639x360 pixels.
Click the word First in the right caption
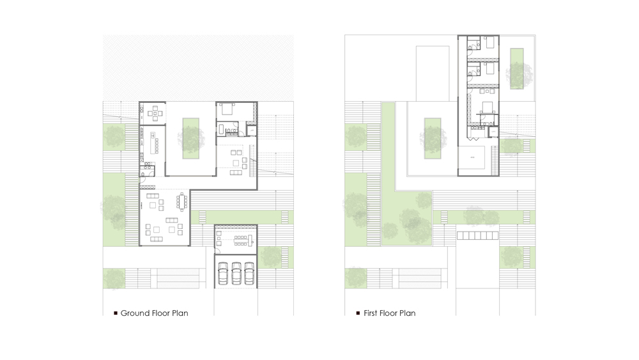click(x=372, y=313)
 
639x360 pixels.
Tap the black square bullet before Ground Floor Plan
click(x=116, y=313)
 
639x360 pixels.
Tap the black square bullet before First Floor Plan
click(x=358, y=313)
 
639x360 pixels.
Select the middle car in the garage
click(x=236, y=273)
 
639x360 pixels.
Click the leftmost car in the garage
click(x=223, y=273)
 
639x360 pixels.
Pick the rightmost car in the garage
click(x=249, y=273)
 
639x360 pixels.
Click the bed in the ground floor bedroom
click(x=227, y=110)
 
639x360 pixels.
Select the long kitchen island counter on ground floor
click(x=153, y=143)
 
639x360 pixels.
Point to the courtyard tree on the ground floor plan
click(x=191, y=137)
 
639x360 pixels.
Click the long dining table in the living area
click(x=182, y=201)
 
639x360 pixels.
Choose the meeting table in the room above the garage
click(x=241, y=240)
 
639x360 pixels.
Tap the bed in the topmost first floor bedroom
click(x=489, y=43)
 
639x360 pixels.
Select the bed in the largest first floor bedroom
click(x=488, y=107)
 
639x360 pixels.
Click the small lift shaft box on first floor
click(x=493, y=132)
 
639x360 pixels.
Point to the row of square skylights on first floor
click(x=477, y=236)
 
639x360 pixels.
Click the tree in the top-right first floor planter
click(x=516, y=74)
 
